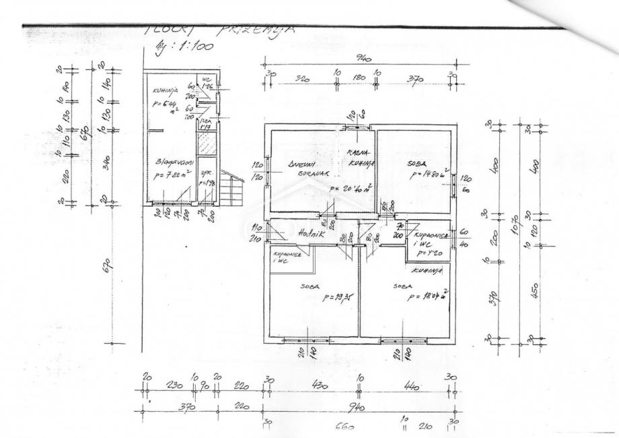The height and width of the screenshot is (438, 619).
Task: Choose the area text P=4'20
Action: click(x=428, y=254)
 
